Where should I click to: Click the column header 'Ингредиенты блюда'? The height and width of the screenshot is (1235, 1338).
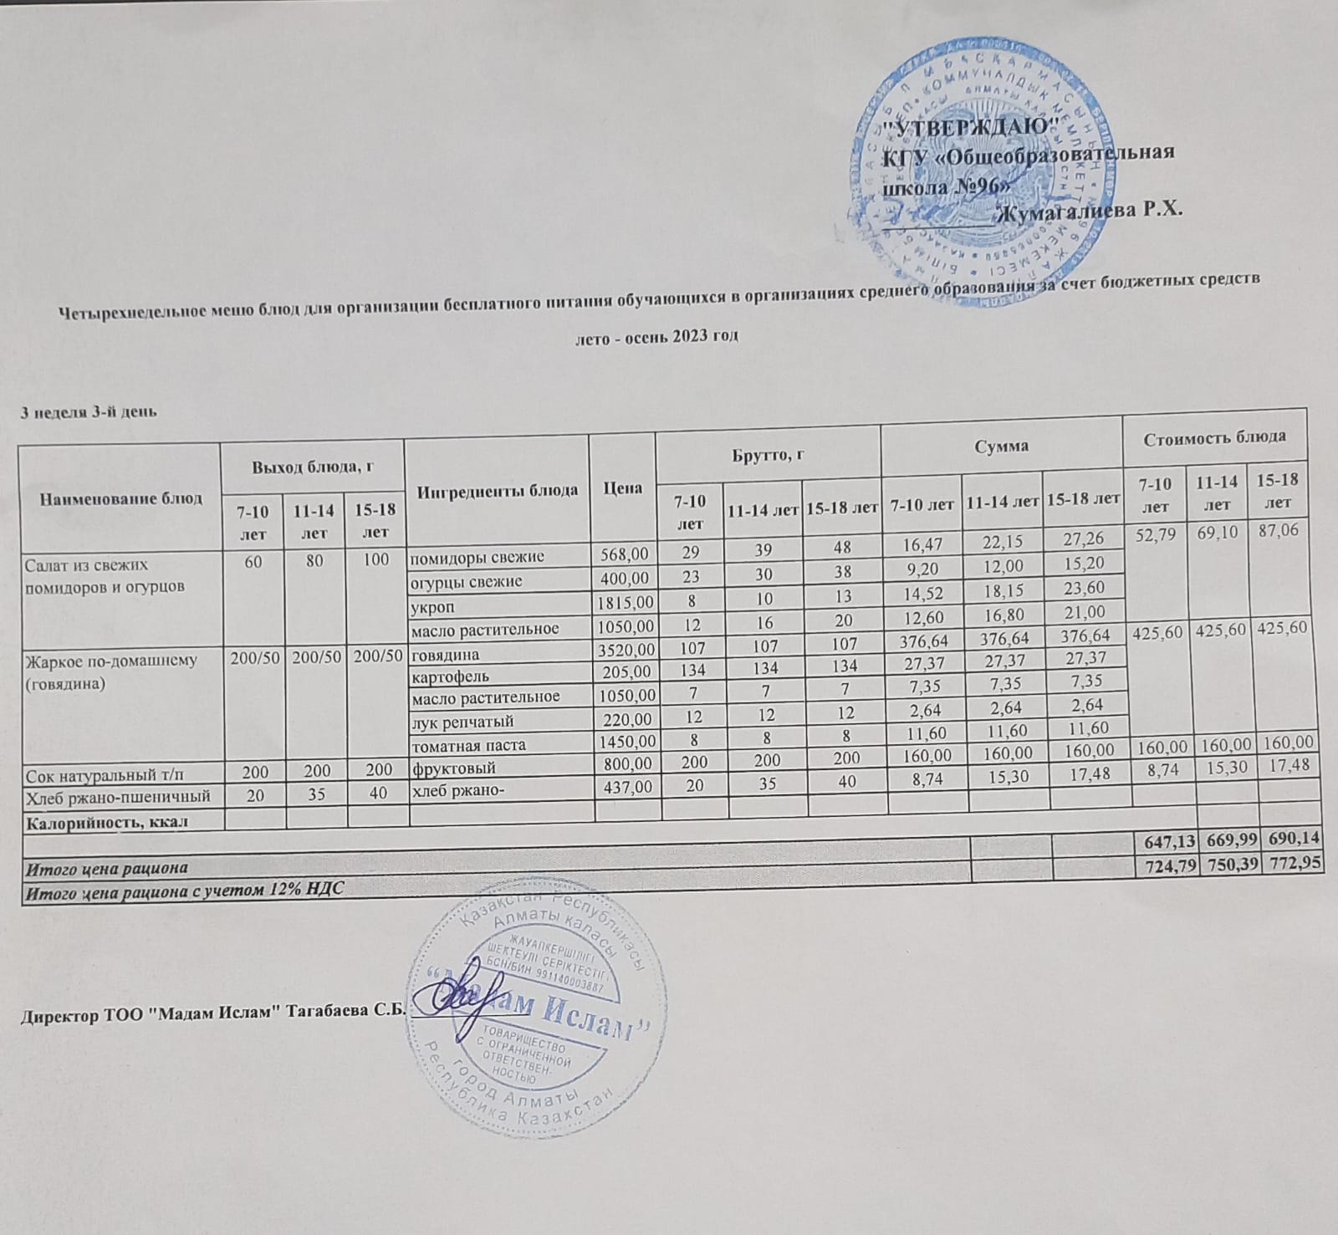(497, 490)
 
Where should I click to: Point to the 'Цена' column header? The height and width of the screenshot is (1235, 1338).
(622, 487)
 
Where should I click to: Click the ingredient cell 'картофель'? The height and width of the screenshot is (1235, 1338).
(450, 676)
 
